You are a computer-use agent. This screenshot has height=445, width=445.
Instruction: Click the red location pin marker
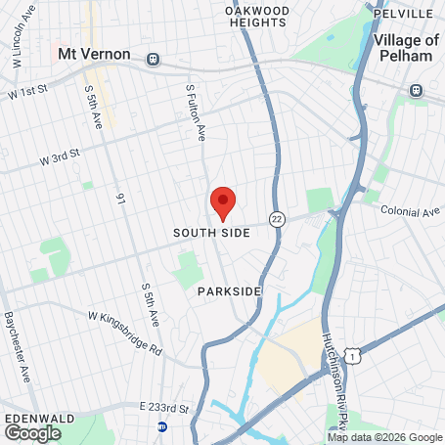point(223,202)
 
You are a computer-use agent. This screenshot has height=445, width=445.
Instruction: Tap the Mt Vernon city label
point(94,54)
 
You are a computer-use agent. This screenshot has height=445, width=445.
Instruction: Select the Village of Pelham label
point(406,48)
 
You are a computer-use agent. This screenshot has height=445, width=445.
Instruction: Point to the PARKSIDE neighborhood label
point(229,291)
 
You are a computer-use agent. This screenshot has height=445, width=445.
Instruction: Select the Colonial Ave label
point(412,211)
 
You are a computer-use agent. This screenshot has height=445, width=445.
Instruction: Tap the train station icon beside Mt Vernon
point(153,59)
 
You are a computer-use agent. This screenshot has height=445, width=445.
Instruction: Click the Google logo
point(32,432)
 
